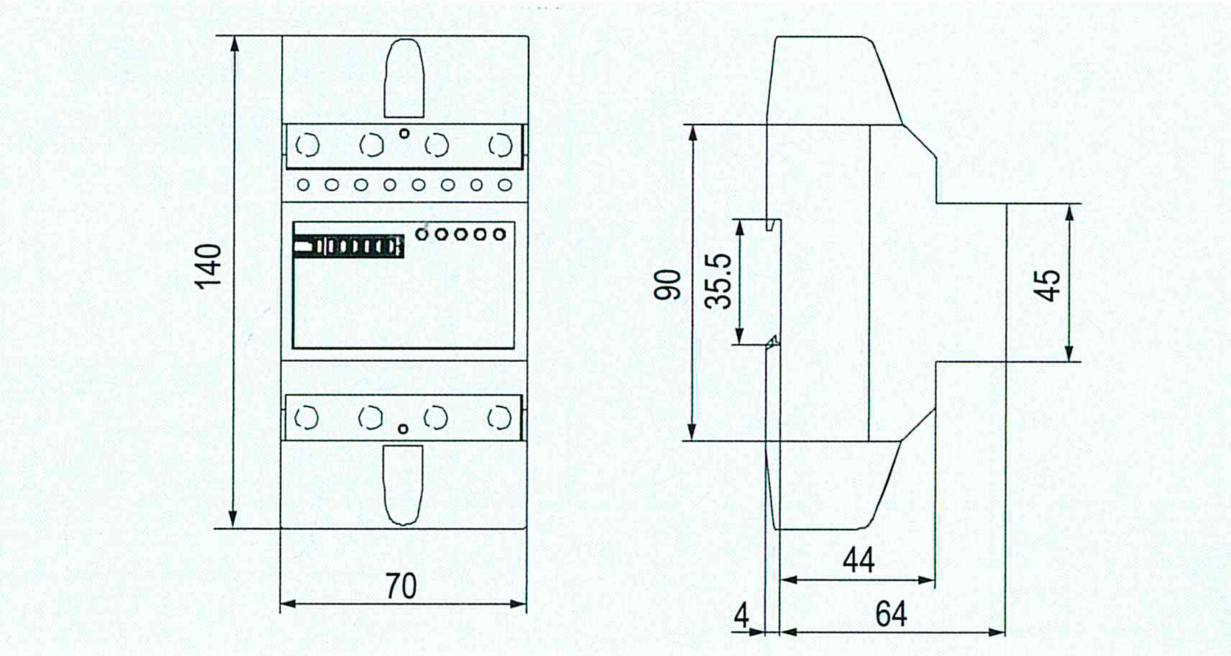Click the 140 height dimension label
(x=209, y=266)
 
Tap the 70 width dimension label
(x=401, y=586)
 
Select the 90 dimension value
(x=667, y=284)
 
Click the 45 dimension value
(x=1048, y=285)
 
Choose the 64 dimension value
(x=891, y=614)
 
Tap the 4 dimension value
(x=741, y=616)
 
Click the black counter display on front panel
(x=349, y=246)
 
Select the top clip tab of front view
(x=404, y=78)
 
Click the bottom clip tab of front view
(x=403, y=485)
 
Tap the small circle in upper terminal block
(x=404, y=133)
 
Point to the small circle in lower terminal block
(x=403, y=429)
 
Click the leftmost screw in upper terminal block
(x=307, y=146)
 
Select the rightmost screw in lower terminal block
(x=500, y=418)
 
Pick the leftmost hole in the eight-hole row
(x=303, y=186)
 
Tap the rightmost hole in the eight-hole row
(x=505, y=186)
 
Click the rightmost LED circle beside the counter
(x=499, y=234)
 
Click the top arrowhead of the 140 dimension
(x=235, y=44)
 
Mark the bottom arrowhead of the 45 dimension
(x=1069, y=354)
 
